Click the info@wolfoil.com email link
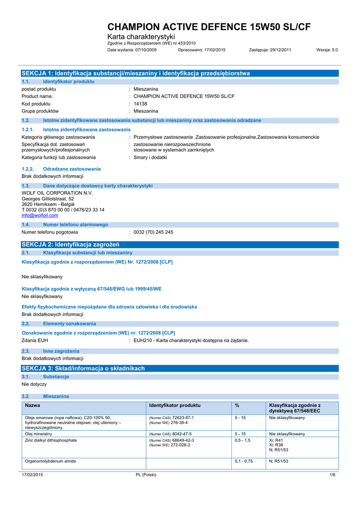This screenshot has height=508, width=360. click(x=40, y=216)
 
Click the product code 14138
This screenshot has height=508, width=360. click(x=141, y=104)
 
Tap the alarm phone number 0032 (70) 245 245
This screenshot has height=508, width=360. click(x=153, y=232)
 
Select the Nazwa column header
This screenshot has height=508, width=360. click(x=32, y=406)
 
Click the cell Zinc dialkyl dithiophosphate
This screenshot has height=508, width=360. click(x=51, y=440)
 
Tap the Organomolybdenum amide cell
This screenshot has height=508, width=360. click(x=50, y=461)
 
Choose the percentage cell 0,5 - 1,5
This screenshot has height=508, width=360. click(x=243, y=440)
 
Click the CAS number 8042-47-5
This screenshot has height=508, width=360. click(x=181, y=434)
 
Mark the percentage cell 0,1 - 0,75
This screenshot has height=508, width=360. click(x=244, y=461)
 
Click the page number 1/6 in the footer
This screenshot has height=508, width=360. click(x=333, y=475)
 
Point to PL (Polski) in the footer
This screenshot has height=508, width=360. click(x=146, y=475)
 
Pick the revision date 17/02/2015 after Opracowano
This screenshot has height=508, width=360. click(x=214, y=50)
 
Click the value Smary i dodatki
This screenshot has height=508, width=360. click(x=150, y=157)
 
